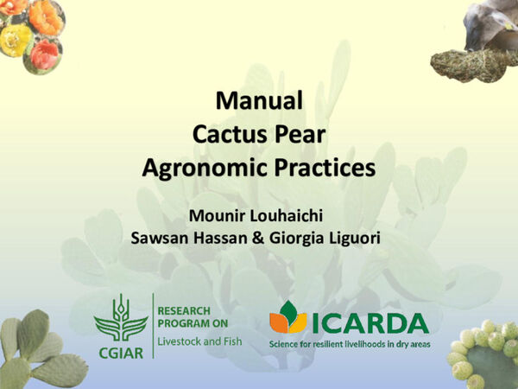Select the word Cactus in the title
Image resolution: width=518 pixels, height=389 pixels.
(x=226, y=134)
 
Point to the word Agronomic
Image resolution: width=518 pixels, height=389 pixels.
(x=199, y=166)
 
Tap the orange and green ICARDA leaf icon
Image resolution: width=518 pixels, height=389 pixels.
(x=288, y=320)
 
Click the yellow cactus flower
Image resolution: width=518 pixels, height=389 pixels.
(x=15, y=38)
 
